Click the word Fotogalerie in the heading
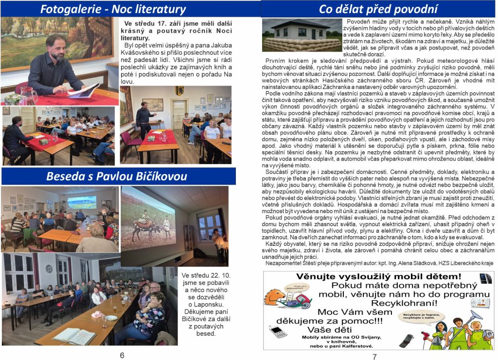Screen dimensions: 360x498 coord(68,9)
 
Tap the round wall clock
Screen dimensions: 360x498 coord(49,269)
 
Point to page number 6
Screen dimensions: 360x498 coord(122,355)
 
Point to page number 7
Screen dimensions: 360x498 coord(374,356)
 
